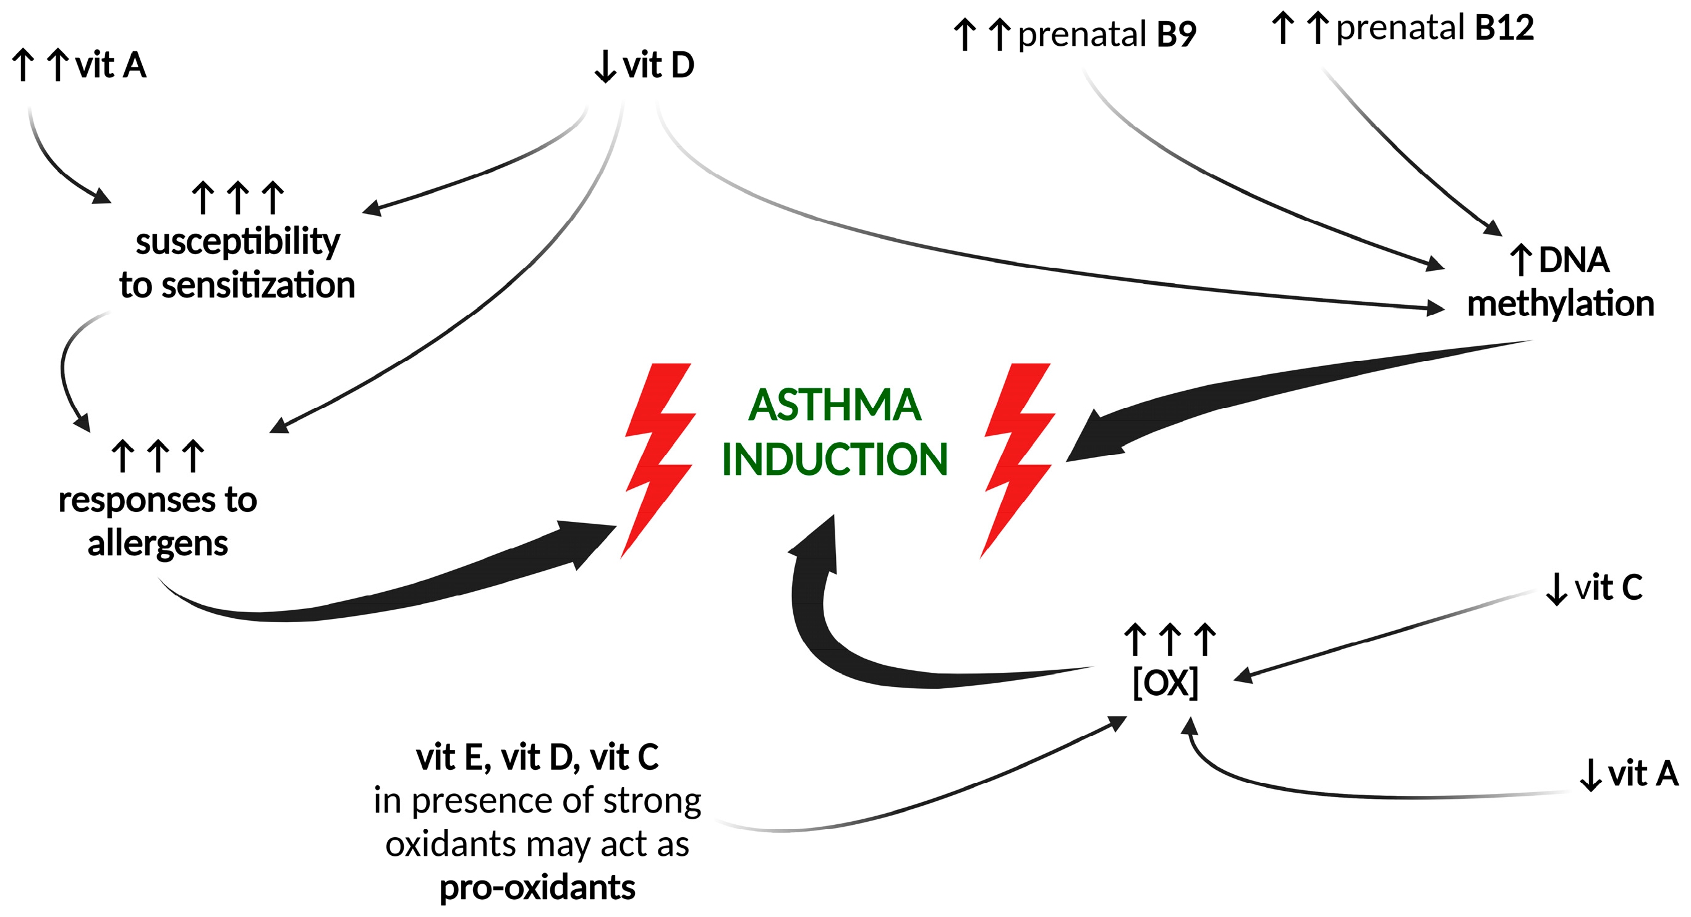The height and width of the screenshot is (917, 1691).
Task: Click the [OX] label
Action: (x=1165, y=683)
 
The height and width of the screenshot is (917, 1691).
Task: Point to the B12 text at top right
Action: (x=1504, y=28)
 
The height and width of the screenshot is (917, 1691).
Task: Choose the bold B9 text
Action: (x=1177, y=34)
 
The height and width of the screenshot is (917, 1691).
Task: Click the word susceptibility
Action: (x=237, y=242)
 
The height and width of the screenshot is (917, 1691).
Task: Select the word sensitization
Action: (x=258, y=286)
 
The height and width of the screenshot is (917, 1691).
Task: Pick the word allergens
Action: (x=158, y=544)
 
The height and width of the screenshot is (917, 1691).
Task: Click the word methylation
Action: (x=1561, y=304)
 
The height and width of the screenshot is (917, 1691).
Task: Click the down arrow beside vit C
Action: (x=1556, y=589)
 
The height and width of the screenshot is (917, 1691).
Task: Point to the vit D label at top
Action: (x=658, y=65)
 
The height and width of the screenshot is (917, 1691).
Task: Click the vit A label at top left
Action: (x=110, y=65)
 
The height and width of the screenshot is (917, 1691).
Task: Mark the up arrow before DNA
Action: (x=1520, y=260)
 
